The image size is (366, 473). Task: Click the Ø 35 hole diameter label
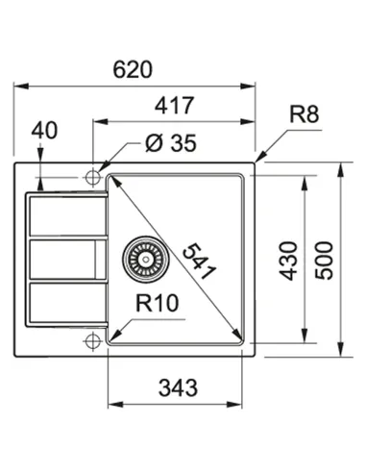169,144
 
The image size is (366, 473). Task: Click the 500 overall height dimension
328,260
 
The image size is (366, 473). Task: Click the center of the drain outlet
140,258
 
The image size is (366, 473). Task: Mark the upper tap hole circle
93,177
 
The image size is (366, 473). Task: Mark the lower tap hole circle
93,339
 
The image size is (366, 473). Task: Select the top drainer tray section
63,215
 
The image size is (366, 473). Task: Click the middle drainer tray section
63,258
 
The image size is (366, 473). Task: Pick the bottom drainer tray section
63,303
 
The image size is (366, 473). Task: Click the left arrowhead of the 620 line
18,87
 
